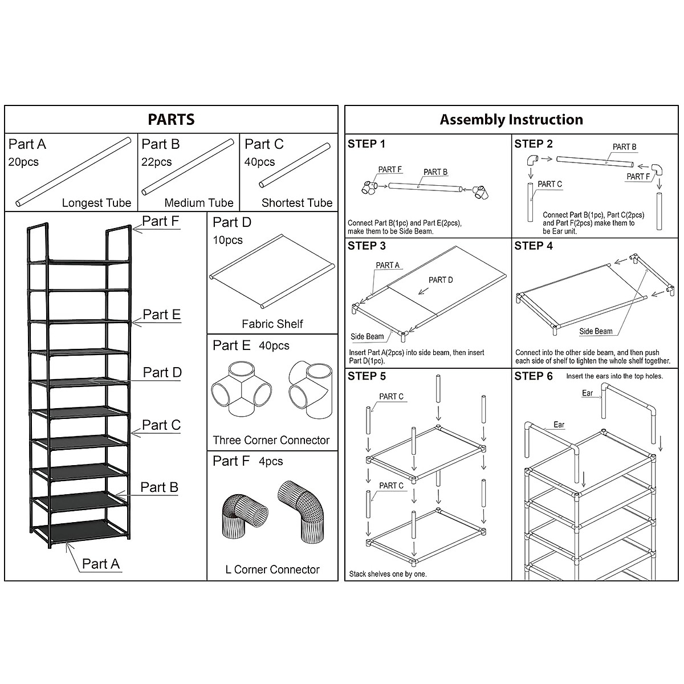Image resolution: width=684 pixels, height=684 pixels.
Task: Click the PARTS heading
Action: click(x=171, y=120)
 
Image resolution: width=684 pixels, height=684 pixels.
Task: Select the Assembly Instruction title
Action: click(x=511, y=120)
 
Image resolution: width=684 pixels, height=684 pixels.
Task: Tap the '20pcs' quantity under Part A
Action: click(x=23, y=162)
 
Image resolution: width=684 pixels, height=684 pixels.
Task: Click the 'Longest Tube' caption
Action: click(x=96, y=203)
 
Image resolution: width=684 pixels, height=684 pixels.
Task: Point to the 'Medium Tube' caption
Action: click(x=198, y=203)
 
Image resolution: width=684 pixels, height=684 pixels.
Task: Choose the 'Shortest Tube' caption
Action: click(x=296, y=203)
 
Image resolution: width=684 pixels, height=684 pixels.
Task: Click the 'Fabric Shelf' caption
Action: click(x=272, y=324)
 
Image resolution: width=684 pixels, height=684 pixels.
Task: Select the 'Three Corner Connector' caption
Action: click(x=271, y=440)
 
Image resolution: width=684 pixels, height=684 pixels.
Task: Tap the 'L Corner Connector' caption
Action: click(x=272, y=569)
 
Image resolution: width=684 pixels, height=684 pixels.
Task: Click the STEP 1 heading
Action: click(x=367, y=144)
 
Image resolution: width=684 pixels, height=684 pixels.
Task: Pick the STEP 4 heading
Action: click(x=534, y=246)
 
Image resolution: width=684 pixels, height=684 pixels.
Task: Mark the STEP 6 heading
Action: click(x=534, y=376)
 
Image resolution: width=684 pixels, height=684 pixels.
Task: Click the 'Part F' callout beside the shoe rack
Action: click(x=160, y=221)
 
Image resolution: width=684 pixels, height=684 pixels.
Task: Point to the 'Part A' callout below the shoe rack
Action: click(x=100, y=564)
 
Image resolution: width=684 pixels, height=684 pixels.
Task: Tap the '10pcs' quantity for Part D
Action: click(x=227, y=240)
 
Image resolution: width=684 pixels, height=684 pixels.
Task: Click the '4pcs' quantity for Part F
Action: click(x=270, y=461)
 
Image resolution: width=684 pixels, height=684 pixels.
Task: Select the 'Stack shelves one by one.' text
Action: click(x=388, y=574)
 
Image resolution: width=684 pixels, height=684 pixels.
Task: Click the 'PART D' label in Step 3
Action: click(x=441, y=280)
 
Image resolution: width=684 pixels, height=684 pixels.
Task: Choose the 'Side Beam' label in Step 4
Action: click(x=596, y=331)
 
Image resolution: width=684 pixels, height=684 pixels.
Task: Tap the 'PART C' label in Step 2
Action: click(x=549, y=184)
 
